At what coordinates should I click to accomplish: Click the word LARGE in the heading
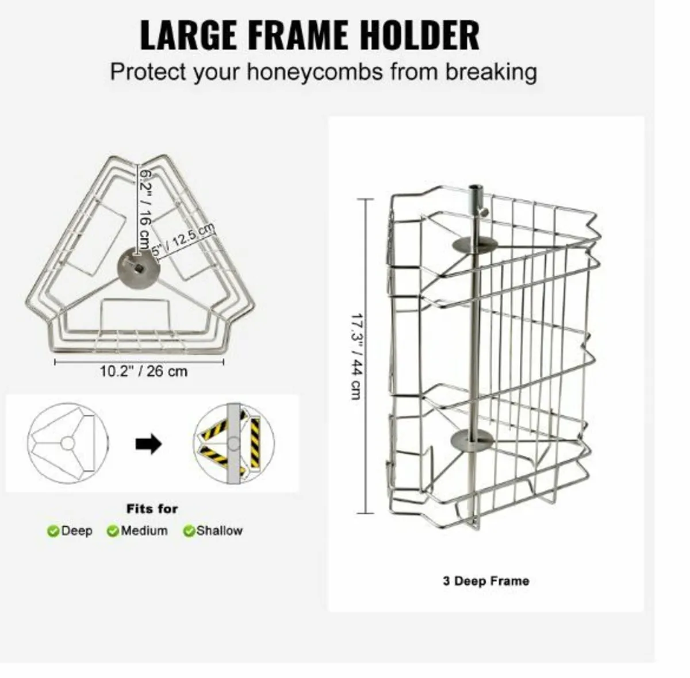(189, 35)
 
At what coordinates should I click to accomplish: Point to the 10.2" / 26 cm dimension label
(143, 371)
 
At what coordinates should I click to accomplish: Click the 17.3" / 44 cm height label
(356, 357)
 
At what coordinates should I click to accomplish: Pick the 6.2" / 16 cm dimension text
(145, 209)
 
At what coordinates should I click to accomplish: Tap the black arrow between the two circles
(149, 444)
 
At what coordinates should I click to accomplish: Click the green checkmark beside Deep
(53, 531)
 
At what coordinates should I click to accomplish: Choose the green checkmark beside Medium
(113, 531)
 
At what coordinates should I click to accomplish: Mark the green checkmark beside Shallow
(189, 531)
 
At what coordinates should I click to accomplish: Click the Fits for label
(152, 509)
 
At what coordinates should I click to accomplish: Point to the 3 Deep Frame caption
(486, 581)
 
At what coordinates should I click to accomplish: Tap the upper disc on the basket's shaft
(474, 245)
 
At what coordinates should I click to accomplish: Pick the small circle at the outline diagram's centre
(67, 444)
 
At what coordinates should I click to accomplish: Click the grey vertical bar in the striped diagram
(233, 444)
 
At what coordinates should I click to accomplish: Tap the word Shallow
(220, 531)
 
